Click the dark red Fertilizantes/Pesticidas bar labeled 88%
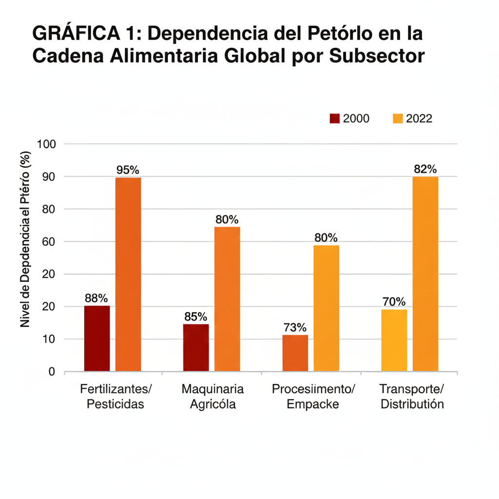(x=97, y=338)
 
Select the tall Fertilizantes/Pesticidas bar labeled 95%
(x=128, y=274)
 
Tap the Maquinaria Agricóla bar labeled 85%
(x=196, y=347)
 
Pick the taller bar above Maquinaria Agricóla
(x=227, y=299)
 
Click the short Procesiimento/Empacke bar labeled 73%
(x=295, y=353)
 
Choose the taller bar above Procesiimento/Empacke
(x=326, y=308)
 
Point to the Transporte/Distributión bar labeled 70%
(x=394, y=340)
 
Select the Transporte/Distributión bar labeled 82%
(x=425, y=273)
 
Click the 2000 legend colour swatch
(x=335, y=118)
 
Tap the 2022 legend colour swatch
(x=398, y=118)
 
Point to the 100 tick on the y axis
(x=48, y=144)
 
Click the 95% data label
(x=128, y=170)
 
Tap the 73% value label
(x=295, y=327)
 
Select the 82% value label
(x=425, y=169)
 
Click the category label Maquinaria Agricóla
(x=212, y=397)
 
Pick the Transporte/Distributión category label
(x=412, y=397)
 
